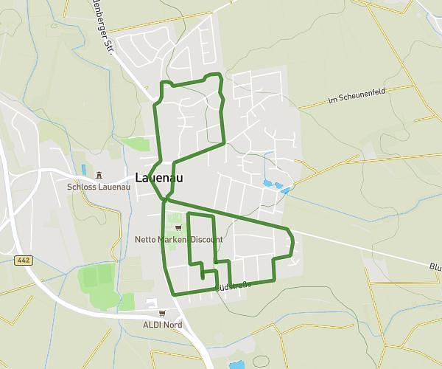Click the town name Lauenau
coord(159,178)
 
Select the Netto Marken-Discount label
coord(178,240)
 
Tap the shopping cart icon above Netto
coord(178,228)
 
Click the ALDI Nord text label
coord(162,324)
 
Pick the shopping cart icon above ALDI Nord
coord(162,313)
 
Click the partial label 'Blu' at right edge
coord(433,266)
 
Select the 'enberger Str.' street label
coord(103,30)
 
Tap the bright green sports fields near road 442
coord(97,283)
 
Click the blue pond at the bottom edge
coord(236,365)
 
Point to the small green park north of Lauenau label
coord(136,143)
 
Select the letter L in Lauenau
coord(139,178)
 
